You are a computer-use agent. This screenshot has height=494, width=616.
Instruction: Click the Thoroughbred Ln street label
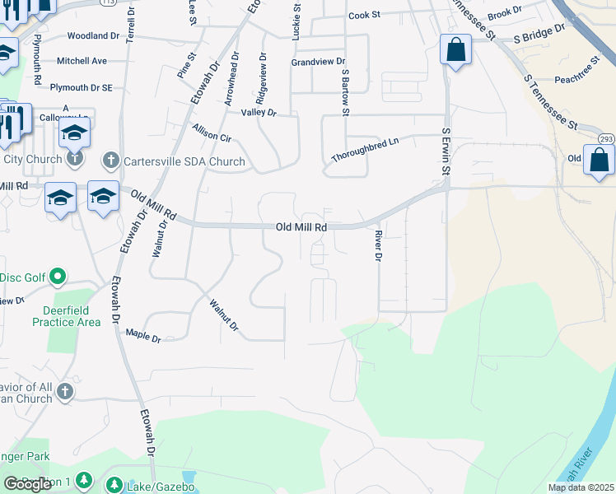click(365, 149)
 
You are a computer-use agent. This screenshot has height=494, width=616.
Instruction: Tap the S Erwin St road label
click(447, 151)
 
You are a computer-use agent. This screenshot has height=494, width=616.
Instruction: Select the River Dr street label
click(378, 246)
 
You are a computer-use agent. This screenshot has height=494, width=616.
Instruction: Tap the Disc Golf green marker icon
click(58, 277)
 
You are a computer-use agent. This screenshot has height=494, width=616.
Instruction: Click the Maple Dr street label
click(143, 334)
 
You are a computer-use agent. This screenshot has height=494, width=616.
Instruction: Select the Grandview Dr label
click(318, 62)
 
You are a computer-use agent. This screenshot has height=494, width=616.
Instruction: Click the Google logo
click(27, 484)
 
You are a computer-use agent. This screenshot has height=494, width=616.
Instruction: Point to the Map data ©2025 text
click(581, 487)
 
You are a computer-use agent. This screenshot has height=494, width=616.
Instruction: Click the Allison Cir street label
click(212, 133)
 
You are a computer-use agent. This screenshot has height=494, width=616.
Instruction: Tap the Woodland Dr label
click(93, 36)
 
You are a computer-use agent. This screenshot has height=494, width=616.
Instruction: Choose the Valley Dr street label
click(259, 112)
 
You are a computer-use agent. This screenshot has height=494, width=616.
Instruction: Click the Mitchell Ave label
click(82, 61)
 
